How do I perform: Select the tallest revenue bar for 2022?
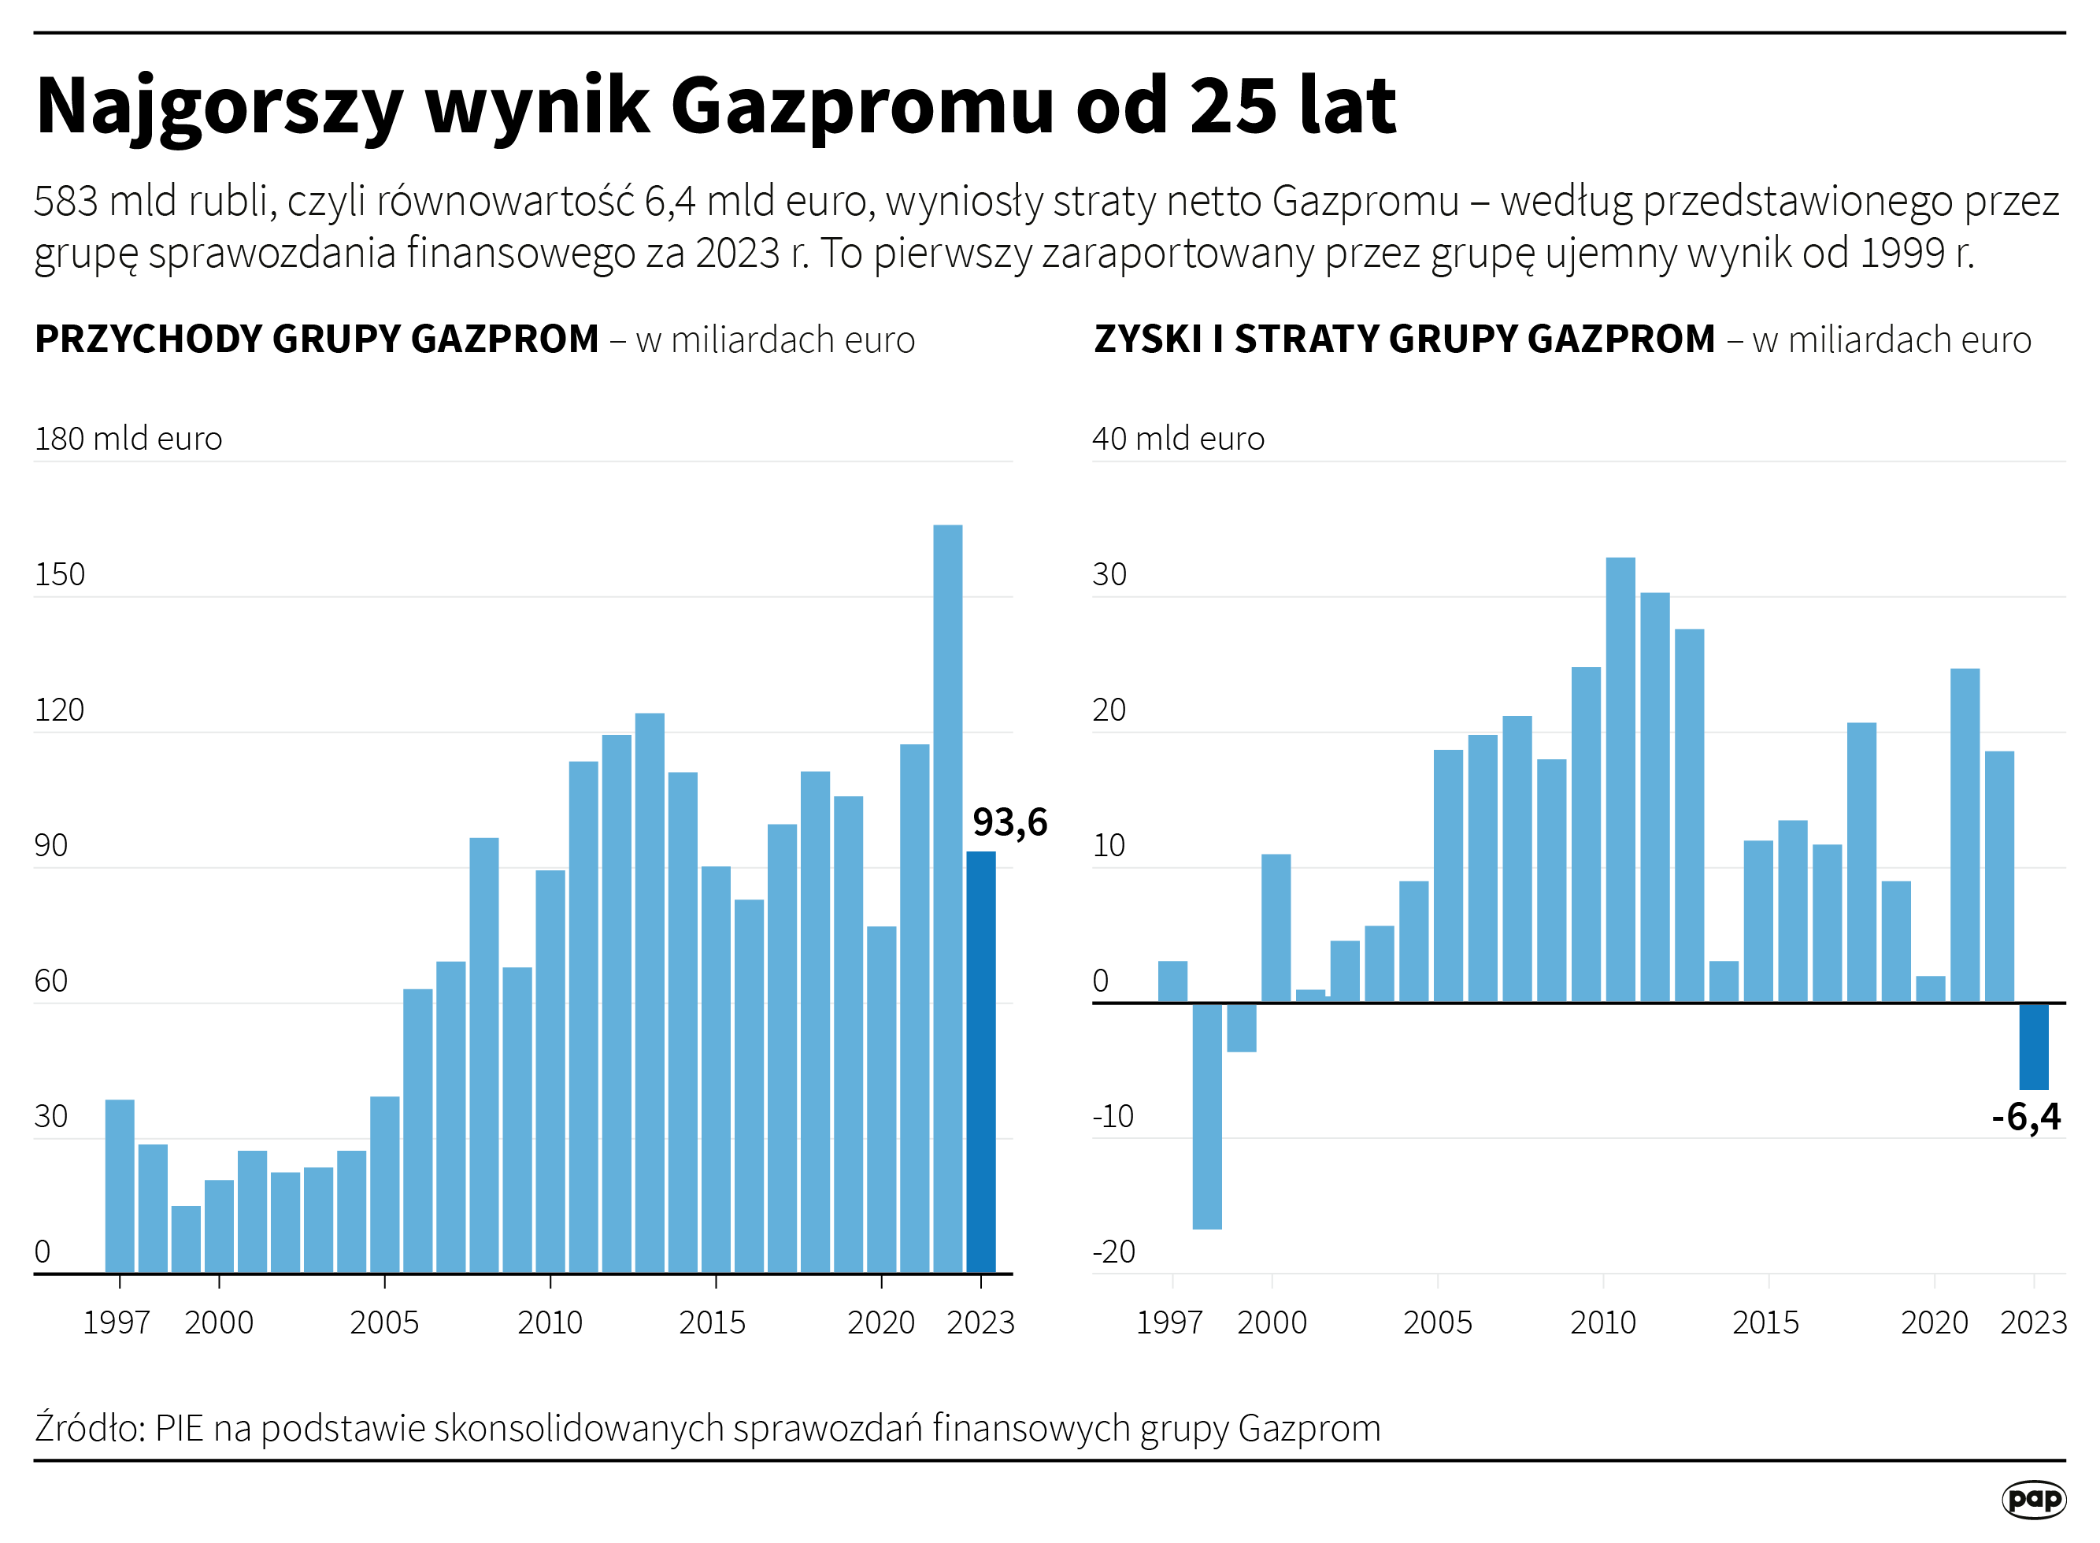tap(948, 896)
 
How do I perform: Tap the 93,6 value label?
tap(1009, 822)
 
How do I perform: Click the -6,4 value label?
tap(2025, 1116)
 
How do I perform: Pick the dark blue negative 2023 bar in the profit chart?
tap(2034, 1046)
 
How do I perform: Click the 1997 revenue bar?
tap(120, 1185)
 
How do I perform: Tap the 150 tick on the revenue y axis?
tap(59, 574)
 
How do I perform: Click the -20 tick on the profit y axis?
tap(1113, 1252)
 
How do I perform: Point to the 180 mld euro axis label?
tap(128, 438)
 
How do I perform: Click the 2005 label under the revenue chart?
tap(383, 1322)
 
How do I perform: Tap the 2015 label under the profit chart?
tap(1765, 1322)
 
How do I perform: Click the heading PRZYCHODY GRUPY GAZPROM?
tap(317, 339)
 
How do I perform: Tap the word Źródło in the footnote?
tap(90, 1428)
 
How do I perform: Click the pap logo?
tap(2034, 1500)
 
